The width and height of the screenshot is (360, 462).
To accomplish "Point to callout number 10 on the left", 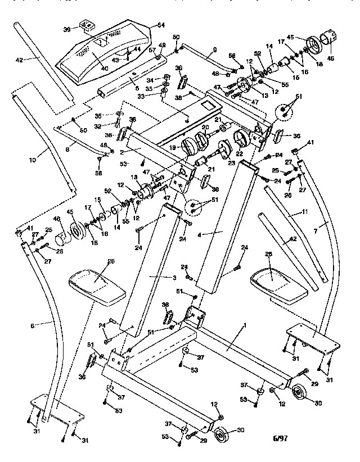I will (32, 160).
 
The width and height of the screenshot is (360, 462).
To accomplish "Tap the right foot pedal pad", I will (278, 281).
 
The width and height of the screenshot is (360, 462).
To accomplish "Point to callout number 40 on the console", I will (105, 69).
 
